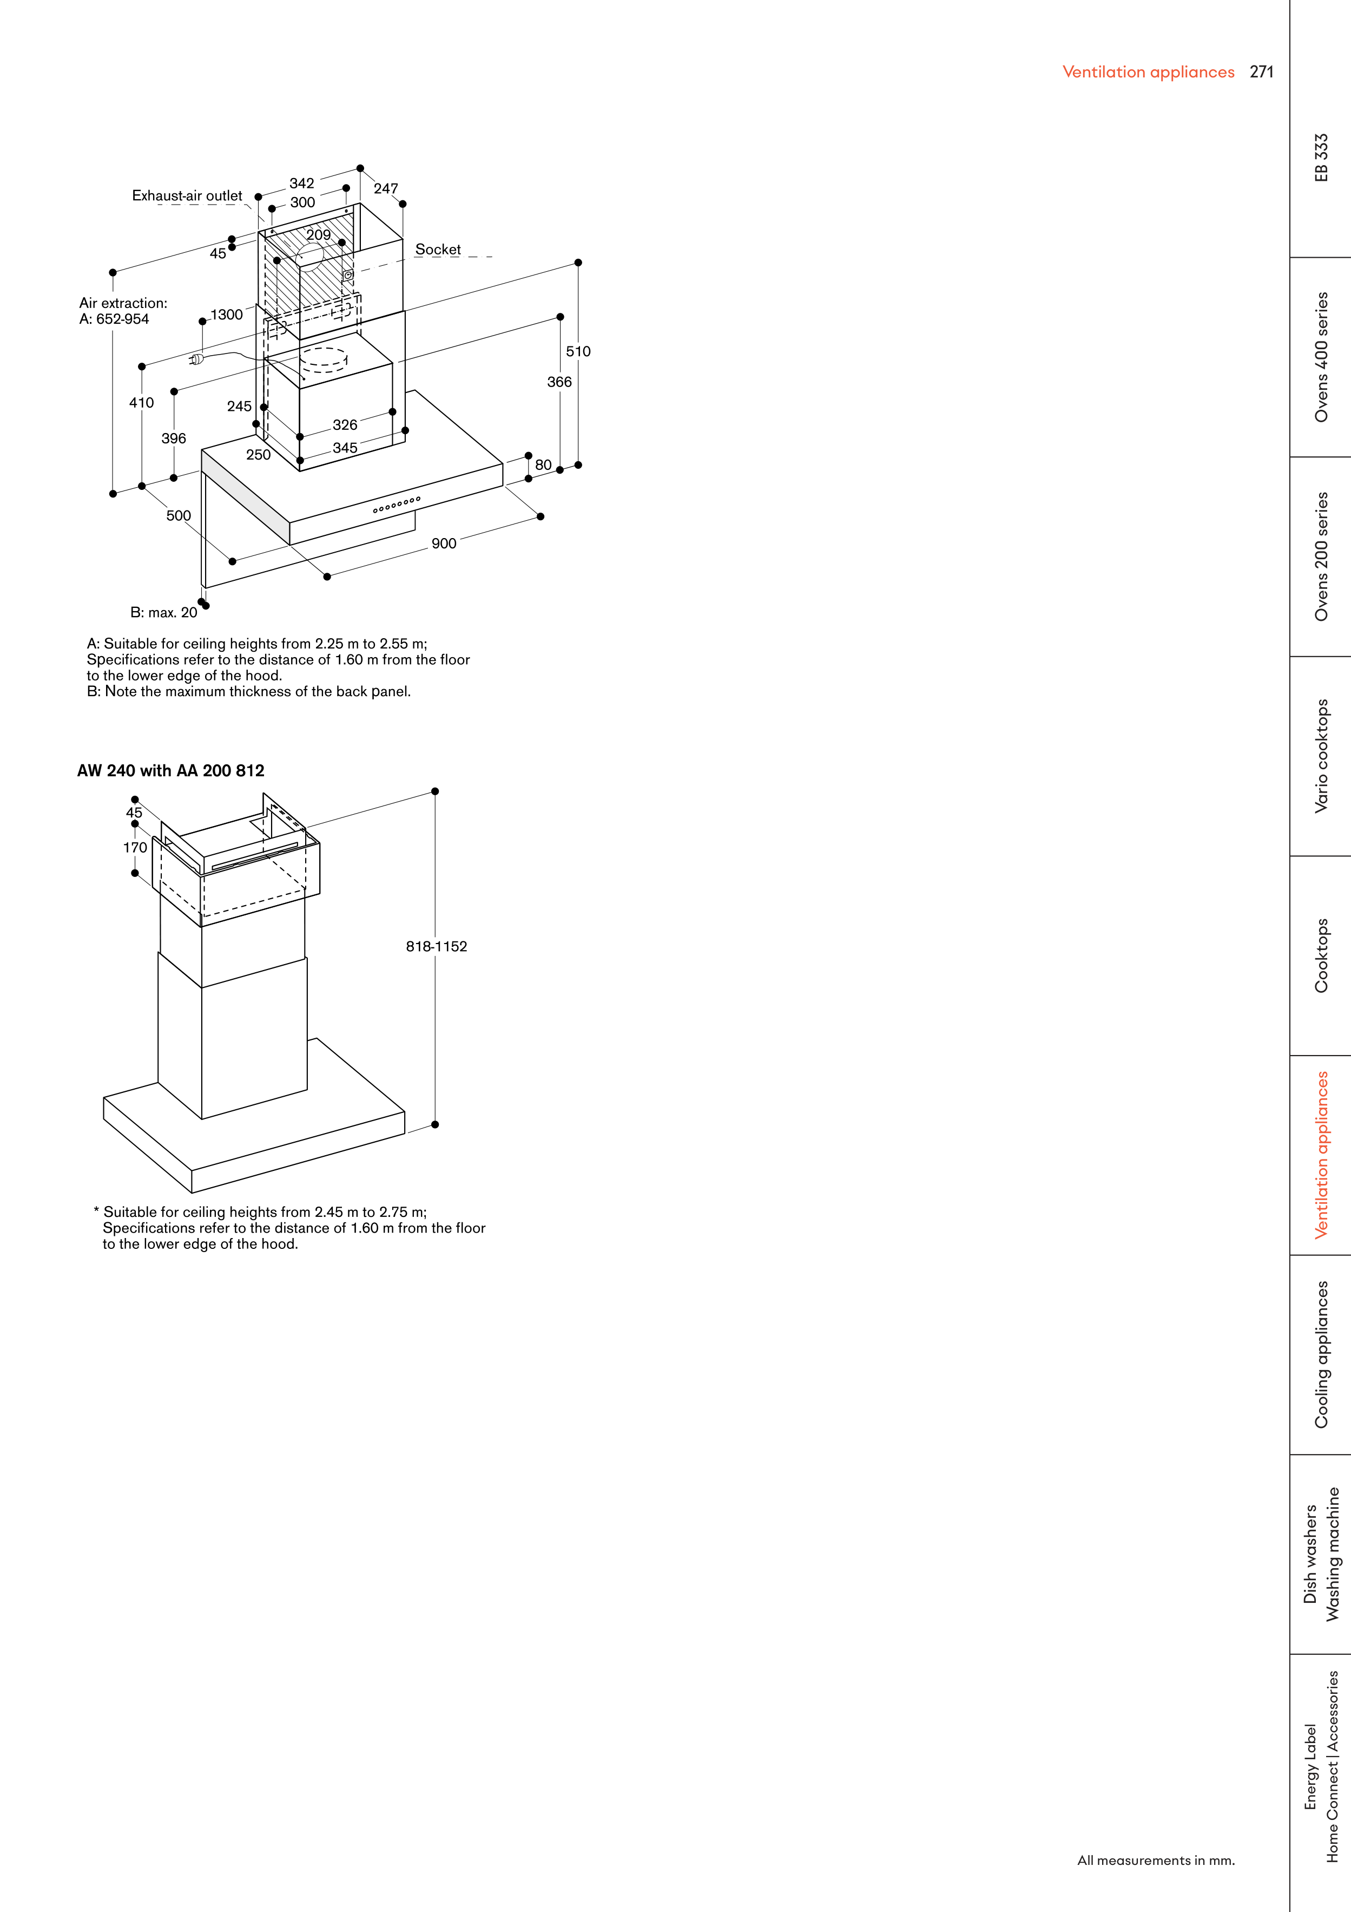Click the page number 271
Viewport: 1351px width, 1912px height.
[x=1261, y=73]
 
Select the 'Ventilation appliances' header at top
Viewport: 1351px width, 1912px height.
[x=1148, y=73]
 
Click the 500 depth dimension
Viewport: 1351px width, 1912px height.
[x=178, y=515]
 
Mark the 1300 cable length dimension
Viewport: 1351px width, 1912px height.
[x=226, y=315]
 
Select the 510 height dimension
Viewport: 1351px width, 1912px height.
[x=578, y=351]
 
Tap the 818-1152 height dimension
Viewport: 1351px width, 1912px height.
[x=436, y=946]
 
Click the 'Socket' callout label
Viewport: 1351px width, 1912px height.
[x=438, y=250]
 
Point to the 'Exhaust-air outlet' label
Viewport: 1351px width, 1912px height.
[x=187, y=196]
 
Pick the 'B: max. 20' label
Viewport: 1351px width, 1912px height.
[x=164, y=613]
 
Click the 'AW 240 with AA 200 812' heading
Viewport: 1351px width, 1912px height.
[x=170, y=771]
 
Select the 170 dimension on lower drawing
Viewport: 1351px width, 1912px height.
[x=135, y=848]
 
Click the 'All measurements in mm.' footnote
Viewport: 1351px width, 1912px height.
[x=1155, y=1861]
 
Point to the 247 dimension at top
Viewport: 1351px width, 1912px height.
[x=385, y=189]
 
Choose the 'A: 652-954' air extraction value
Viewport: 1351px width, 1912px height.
[x=114, y=319]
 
